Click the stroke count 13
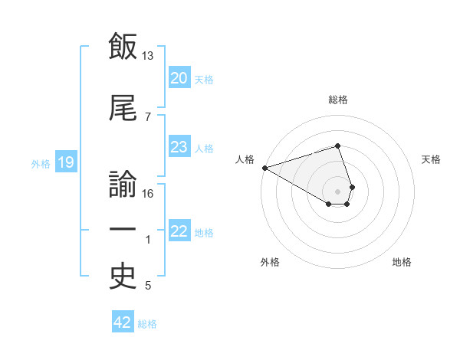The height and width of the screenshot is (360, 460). point(148,56)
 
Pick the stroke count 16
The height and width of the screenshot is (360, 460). point(148,193)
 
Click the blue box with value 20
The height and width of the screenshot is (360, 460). point(179,77)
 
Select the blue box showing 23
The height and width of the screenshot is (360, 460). point(179,147)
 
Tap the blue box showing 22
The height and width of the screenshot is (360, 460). point(179,231)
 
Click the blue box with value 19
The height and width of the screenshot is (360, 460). point(65,162)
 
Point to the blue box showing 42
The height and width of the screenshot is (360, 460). point(122,322)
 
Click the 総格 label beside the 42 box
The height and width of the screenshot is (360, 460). point(147,324)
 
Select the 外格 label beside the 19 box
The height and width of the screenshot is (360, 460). point(41,163)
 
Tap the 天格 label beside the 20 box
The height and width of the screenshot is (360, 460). point(204,79)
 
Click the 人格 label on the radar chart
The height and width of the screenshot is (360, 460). point(245,159)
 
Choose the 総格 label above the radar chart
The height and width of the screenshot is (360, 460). point(338,100)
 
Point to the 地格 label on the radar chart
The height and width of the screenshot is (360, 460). point(402,262)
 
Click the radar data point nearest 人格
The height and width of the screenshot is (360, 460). point(264,168)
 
